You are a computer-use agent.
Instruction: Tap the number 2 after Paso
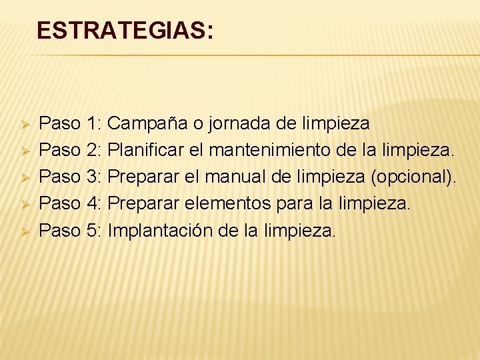93,150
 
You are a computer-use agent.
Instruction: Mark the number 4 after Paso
93,203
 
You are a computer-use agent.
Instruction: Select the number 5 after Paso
93,231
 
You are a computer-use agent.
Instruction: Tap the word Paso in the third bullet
59,177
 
